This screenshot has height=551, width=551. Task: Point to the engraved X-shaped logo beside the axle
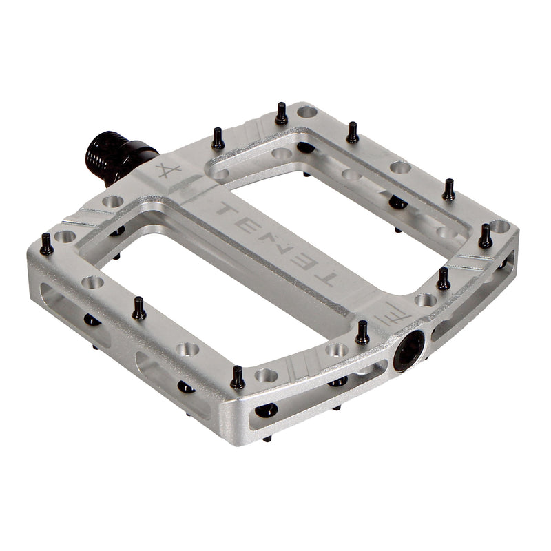(167, 170)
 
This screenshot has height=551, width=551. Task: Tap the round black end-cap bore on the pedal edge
(409, 351)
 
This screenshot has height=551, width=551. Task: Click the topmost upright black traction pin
(281, 114)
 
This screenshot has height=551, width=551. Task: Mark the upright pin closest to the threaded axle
(218, 138)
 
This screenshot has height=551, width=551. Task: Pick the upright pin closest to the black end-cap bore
(362, 333)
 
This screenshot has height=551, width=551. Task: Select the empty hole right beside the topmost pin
(307, 112)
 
